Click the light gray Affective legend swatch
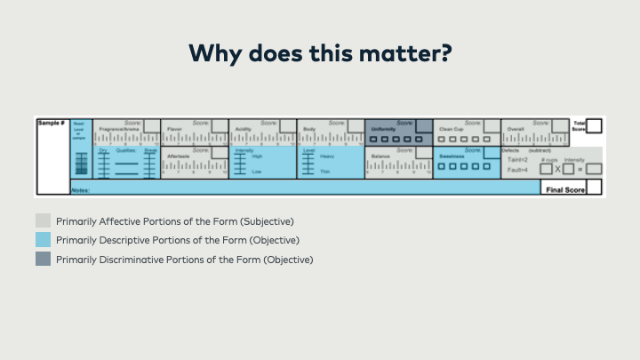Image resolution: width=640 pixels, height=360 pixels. [43, 220]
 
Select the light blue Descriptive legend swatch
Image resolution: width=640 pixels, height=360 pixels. [43, 240]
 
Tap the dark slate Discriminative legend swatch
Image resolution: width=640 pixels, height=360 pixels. [43, 260]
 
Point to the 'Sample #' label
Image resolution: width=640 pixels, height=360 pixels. [50, 123]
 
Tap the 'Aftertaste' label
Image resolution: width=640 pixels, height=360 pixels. [179, 156]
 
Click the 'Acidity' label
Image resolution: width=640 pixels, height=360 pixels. [244, 129]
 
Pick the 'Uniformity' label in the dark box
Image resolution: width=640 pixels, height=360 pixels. [384, 129]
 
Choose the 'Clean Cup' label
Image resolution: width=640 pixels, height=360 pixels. [452, 129]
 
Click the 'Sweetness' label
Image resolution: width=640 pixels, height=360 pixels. [452, 156]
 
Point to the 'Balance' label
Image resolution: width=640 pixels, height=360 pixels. [381, 156]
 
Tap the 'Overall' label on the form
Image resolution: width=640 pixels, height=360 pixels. [516, 129]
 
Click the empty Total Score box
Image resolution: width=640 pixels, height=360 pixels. [594, 126]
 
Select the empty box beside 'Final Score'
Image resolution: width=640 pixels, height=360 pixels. [594, 187]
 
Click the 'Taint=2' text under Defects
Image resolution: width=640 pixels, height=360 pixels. [517, 159]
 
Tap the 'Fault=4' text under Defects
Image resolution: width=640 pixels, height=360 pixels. [517, 170]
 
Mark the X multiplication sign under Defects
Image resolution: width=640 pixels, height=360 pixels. [558, 168]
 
